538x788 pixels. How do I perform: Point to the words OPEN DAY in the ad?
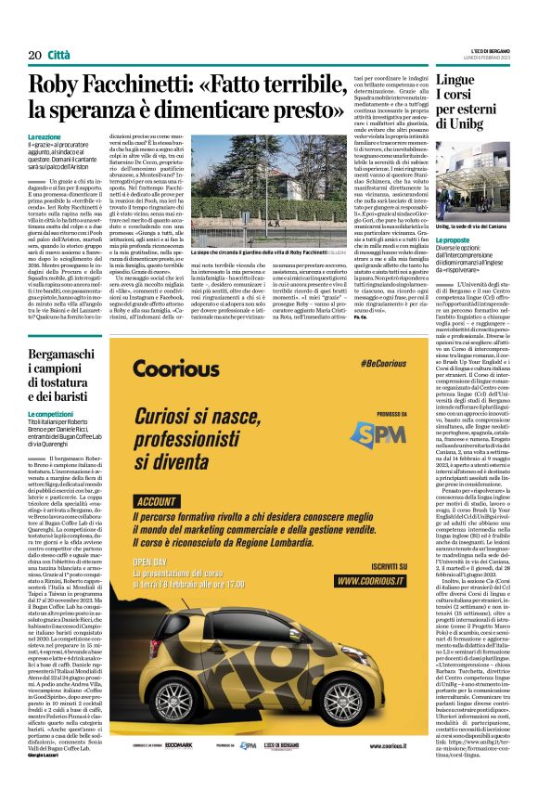[x=153, y=588]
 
